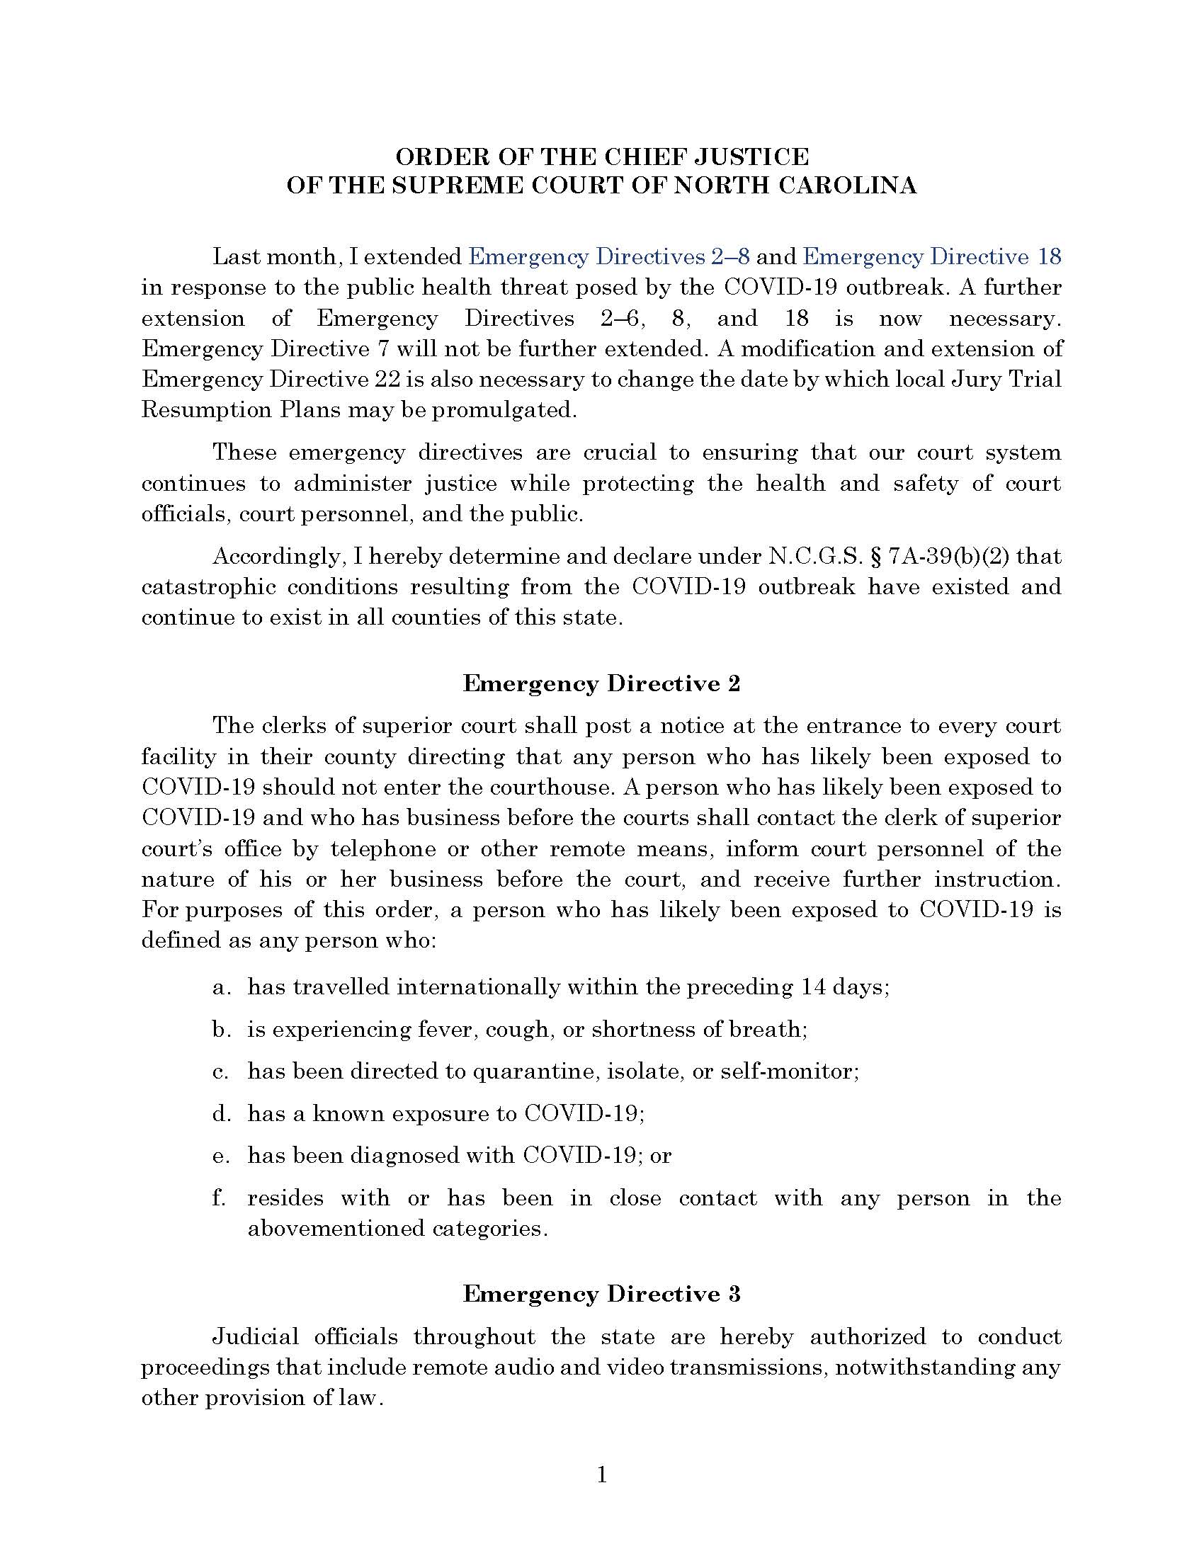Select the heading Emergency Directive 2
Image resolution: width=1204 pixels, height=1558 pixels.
coord(601,683)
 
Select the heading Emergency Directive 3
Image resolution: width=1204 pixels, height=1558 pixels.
coord(601,1293)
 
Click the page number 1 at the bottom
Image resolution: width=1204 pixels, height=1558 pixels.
coord(601,1474)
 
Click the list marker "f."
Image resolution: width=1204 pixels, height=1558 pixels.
coord(220,1198)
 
